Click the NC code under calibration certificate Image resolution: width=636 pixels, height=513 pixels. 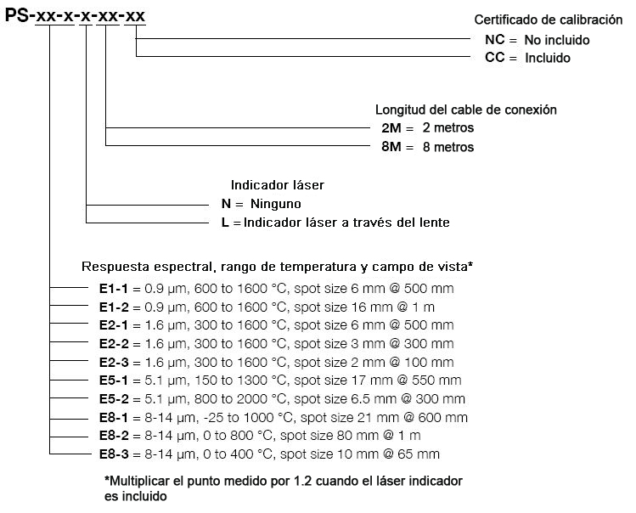494,40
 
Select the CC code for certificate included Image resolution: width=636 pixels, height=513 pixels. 494,57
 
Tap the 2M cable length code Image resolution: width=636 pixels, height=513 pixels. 391,128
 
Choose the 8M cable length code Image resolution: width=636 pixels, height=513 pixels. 391,147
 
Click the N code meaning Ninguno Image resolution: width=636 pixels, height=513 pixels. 226,204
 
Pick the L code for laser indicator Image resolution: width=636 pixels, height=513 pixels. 225,223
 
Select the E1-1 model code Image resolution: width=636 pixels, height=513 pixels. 114,289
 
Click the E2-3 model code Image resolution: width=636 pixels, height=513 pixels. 114,362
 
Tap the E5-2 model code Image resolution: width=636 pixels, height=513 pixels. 114,399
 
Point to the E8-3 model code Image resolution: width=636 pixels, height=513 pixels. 114,454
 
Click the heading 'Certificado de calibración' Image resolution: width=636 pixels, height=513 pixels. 549,20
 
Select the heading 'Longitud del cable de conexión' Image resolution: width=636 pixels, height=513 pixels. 465,110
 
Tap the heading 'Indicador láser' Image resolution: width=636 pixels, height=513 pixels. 278,185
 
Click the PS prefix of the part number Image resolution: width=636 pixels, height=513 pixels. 17,15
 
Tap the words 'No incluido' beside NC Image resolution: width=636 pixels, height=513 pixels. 557,40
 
